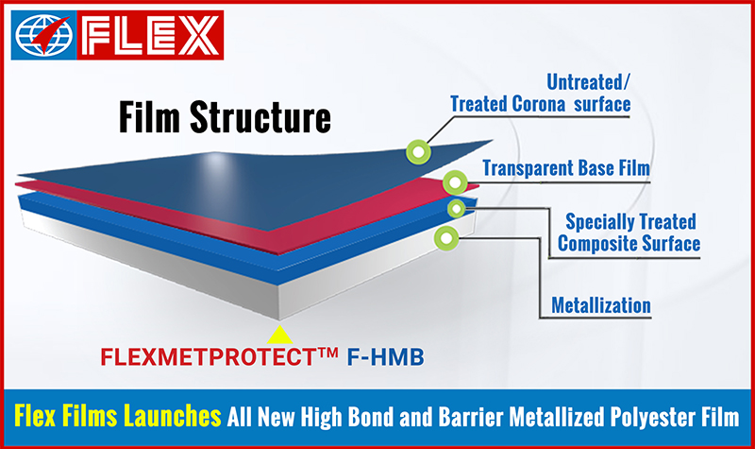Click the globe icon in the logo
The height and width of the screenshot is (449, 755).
click(x=43, y=35)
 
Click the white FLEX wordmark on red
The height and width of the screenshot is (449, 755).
click(x=150, y=35)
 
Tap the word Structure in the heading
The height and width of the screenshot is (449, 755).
click(x=260, y=116)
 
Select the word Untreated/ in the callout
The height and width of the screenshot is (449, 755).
click(x=588, y=82)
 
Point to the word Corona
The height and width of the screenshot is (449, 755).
click(x=539, y=104)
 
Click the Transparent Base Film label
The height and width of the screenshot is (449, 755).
click(x=566, y=168)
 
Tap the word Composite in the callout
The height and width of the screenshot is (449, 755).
click(x=596, y=244)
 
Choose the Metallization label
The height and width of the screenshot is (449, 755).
click(x=601, y=305)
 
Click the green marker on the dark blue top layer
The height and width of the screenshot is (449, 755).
click(x=418, y=152)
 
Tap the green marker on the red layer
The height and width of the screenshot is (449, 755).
click(x=455, y=182)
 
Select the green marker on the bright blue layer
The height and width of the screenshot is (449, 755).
click(x=456, y=208)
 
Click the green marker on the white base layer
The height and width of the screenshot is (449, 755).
click(x=446, y=238)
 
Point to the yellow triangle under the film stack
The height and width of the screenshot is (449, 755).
click(x=279, y=336)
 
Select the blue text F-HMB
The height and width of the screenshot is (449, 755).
click(x=386, y=357)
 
